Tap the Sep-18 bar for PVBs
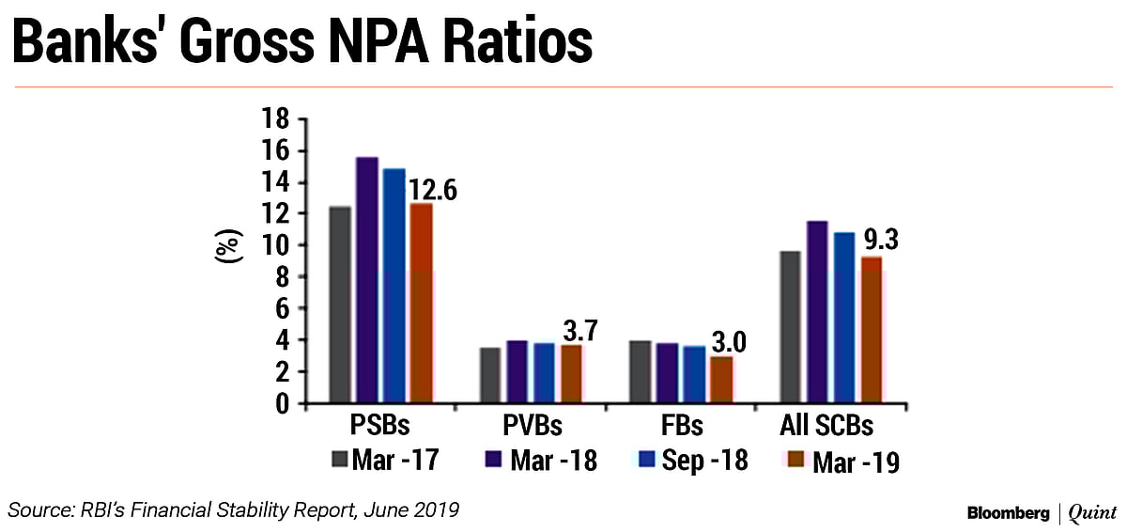[543, 373]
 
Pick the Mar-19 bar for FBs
[720, 380]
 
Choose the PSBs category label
[379, 426]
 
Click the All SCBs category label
[827, 426]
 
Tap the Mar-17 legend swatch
[341, 461]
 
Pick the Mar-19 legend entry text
[856, 462]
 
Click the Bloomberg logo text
[1009, 513]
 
